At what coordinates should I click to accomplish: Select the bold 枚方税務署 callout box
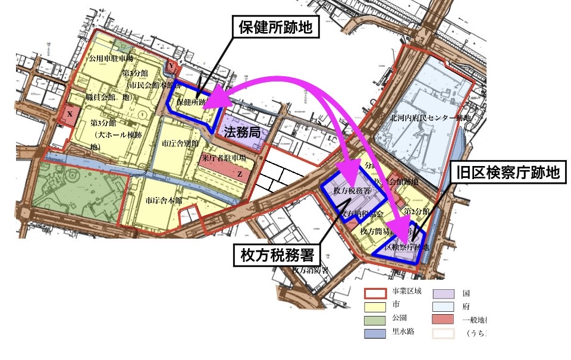[277, 255]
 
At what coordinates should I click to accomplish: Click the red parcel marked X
[70, 114]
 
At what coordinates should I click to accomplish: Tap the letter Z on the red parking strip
[239, 174]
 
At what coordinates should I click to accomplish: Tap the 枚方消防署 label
[310, 270]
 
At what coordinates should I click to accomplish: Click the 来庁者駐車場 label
[224, 159]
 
